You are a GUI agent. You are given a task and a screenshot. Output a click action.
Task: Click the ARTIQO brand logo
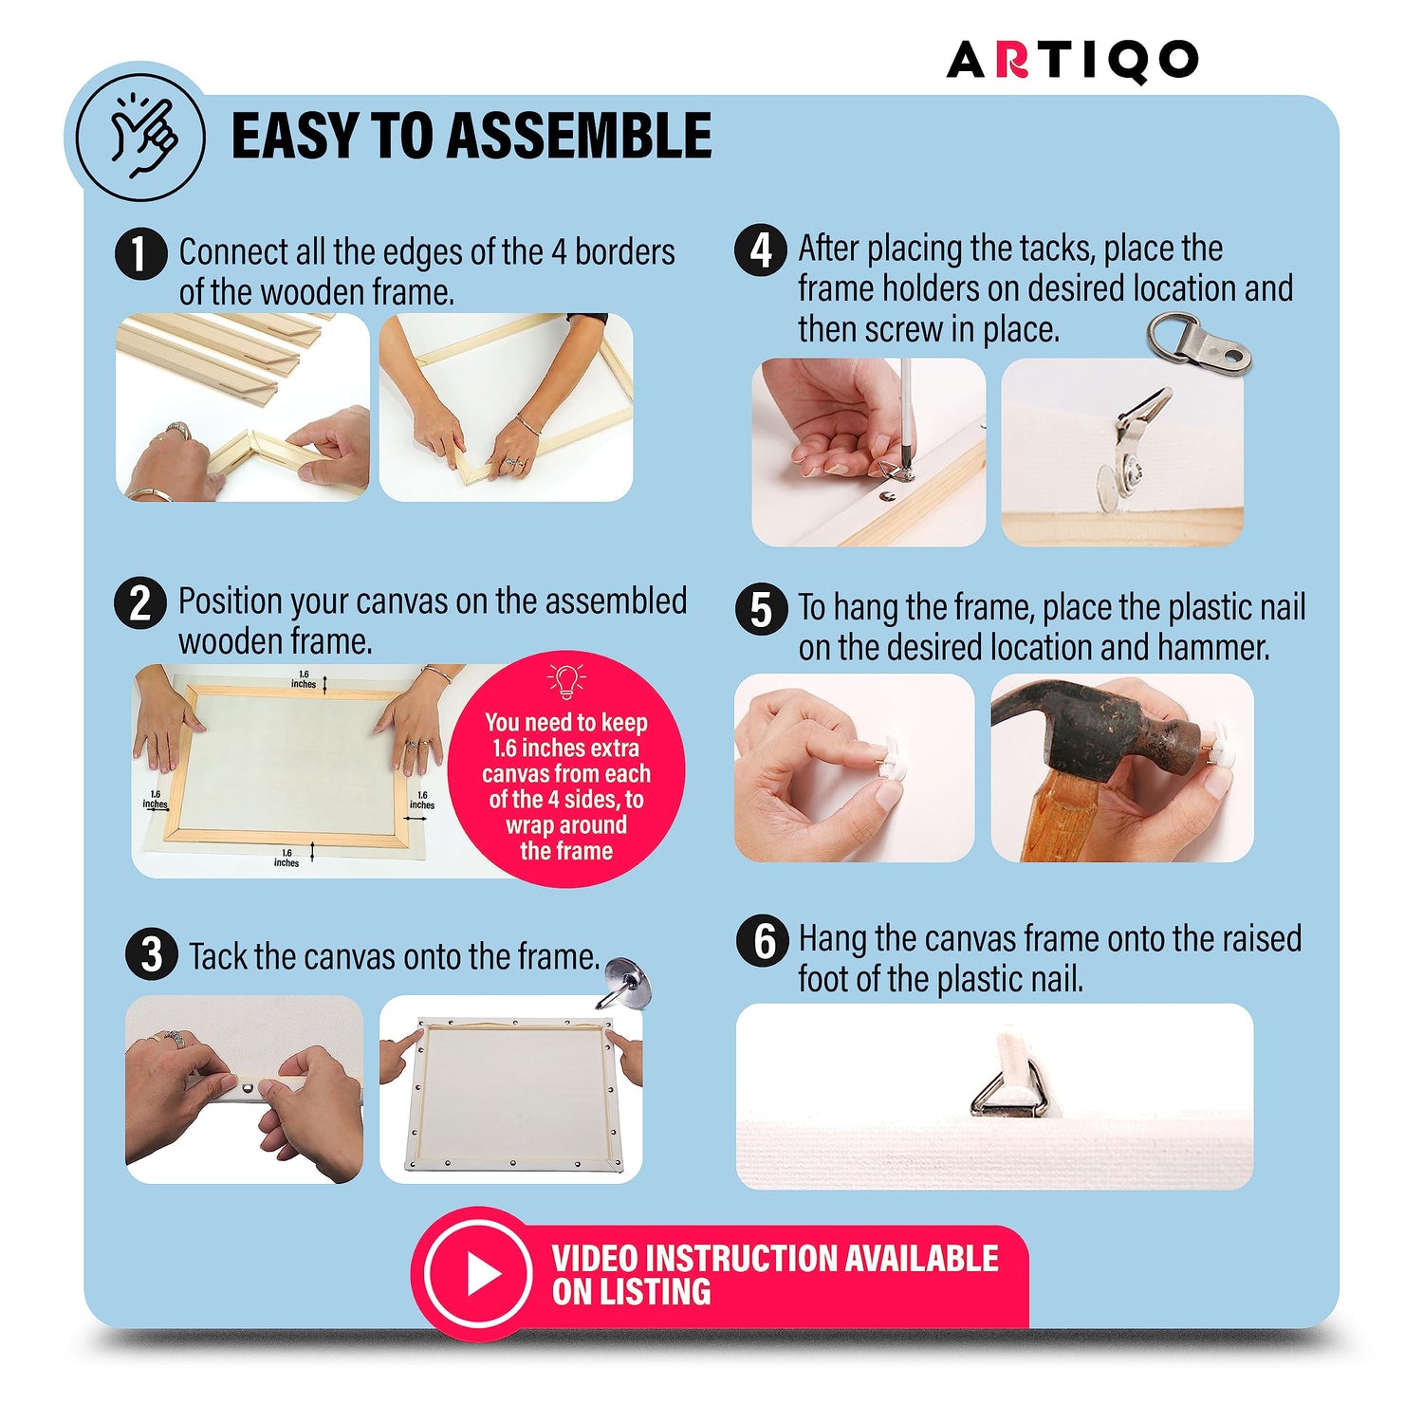tap(1072, 61)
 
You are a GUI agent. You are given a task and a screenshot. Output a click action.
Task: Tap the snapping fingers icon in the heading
tap(140, 138)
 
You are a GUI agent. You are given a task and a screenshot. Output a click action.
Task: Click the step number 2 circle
tap(140, 603)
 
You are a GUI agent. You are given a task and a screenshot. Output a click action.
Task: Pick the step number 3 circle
tap(152, 954)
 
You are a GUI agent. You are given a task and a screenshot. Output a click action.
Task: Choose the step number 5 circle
tap(761, 609)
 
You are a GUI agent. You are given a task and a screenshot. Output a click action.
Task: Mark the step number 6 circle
tap(763, 941)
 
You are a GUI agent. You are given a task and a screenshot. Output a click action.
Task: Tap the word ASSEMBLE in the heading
tap(579, 136)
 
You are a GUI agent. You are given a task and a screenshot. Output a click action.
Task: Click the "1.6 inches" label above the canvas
tap(304, 679)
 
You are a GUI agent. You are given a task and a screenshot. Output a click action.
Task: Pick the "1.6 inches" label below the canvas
tap(286, 858)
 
